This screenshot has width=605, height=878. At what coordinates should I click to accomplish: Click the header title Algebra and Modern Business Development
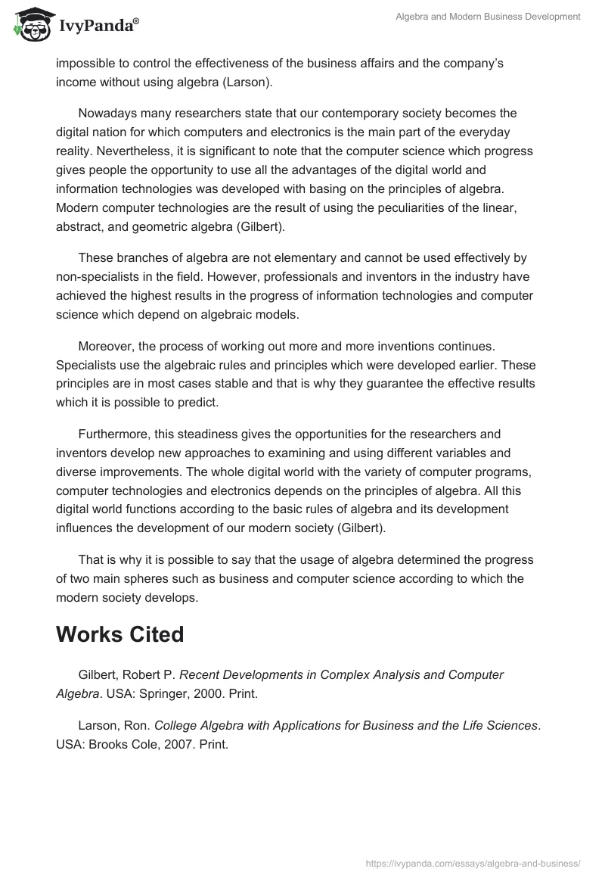tap(489, 17)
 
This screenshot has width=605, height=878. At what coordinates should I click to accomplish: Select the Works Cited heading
tap(119, 634)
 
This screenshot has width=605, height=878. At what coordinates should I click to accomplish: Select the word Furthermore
tap(110, 434)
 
